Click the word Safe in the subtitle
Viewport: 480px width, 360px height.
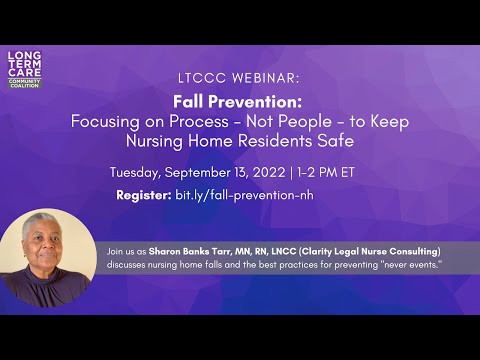coord(335,141)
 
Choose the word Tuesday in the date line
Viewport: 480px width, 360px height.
coord(138,172)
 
